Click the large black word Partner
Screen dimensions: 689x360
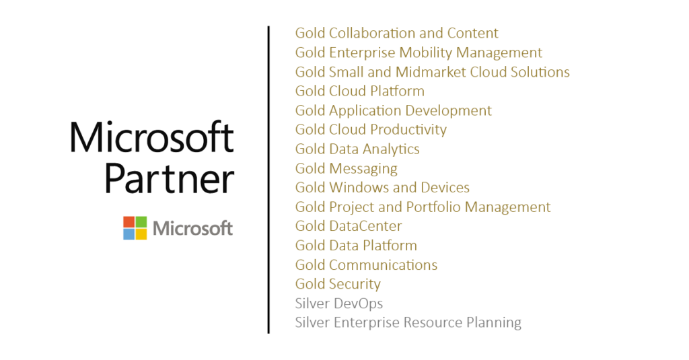tap(170, 179)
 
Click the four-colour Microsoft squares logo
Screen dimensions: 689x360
tap(135, 227)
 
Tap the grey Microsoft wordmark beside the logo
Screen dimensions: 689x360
tap(192, 229)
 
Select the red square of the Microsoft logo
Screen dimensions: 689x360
tap(129, 221)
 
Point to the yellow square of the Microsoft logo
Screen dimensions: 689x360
tap(141, 234)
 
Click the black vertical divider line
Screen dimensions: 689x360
tap(268, 180)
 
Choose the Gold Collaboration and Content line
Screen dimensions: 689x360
tap(396, 33)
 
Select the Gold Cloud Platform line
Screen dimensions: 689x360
tap(360, 91)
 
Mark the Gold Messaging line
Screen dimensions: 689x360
tap(347, 169)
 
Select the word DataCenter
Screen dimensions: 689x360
tap(365, 226)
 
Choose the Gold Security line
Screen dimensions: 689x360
tap(338, 285)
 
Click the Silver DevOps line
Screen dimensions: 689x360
tap(339, 303)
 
